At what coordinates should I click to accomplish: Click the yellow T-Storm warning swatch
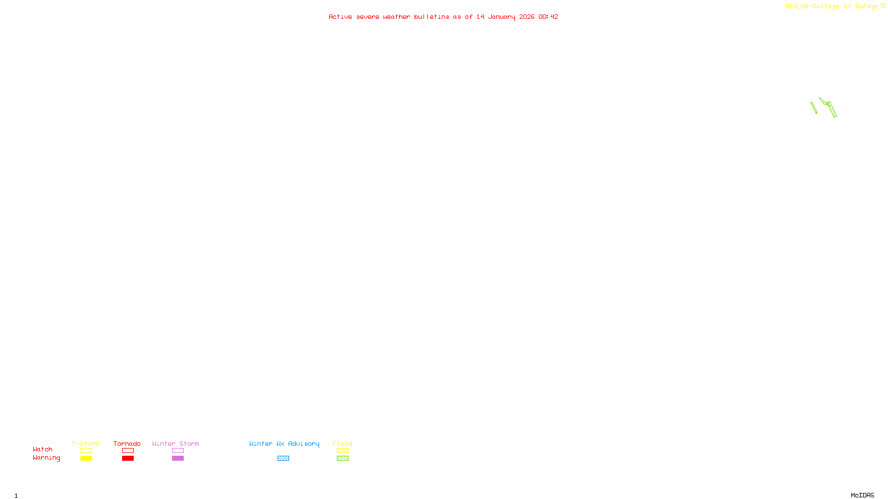86,459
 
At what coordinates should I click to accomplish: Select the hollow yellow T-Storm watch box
86,451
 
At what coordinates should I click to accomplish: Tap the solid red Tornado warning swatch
128,459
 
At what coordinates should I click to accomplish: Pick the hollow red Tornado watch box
128,451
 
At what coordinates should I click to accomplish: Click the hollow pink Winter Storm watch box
178,451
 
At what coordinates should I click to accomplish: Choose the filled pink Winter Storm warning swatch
178,459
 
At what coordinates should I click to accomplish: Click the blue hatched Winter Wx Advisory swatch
283,459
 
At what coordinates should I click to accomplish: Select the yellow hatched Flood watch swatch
342,451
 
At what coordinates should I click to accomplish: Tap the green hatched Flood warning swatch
342,459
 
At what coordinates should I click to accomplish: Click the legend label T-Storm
85,444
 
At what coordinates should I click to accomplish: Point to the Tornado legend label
127,444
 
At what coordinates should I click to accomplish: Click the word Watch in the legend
43,450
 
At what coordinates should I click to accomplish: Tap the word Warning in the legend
46,458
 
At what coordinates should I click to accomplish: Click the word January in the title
502,17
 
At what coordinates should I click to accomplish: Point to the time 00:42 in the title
548,17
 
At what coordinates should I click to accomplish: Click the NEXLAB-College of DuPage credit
832,7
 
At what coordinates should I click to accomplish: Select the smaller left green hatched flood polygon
814,108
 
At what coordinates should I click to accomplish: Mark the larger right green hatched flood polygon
829,107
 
